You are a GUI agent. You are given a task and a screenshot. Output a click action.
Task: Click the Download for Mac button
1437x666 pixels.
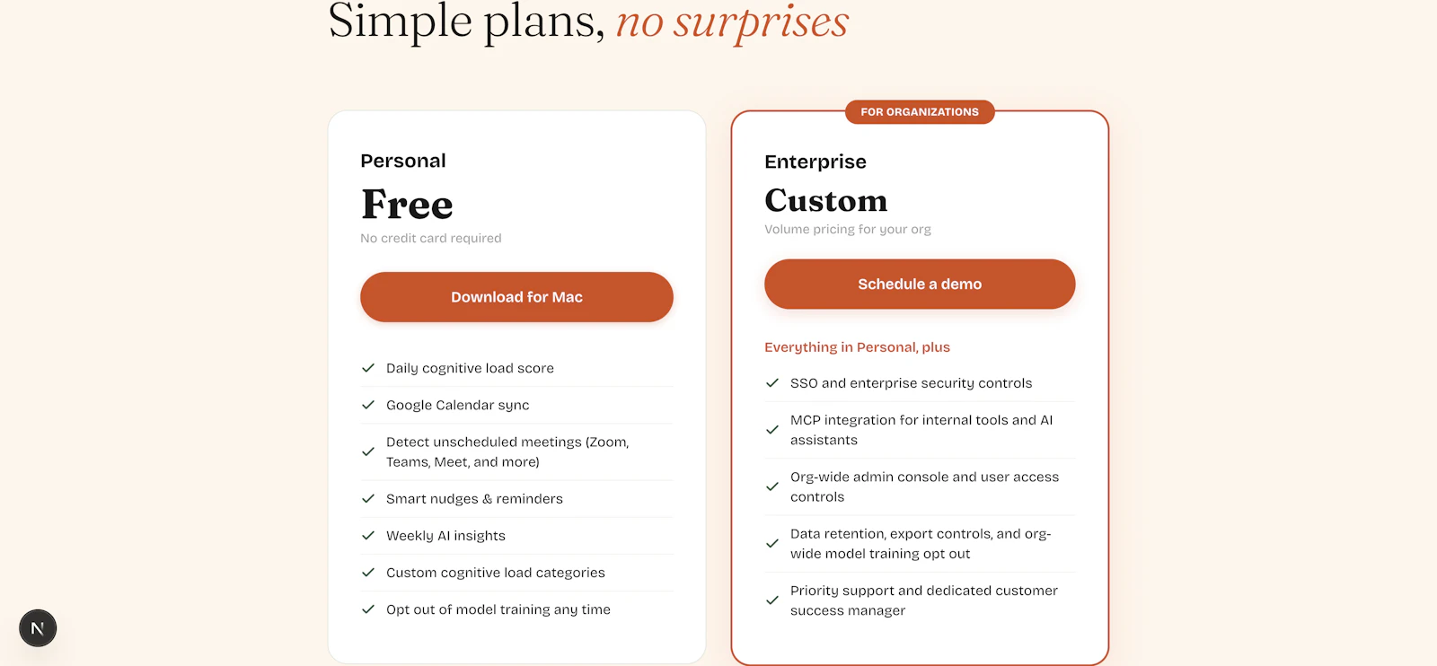[516, 297]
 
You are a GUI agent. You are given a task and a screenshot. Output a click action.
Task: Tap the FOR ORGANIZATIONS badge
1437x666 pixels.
[920, 112]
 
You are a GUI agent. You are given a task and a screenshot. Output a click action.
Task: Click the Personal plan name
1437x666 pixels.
[403, 161]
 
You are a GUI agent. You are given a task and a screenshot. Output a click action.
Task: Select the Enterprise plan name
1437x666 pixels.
[815, 162]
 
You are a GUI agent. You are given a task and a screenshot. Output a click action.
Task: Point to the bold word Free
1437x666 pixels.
[407, 205]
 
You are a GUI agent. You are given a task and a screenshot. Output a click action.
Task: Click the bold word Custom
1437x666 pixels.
[825, 200]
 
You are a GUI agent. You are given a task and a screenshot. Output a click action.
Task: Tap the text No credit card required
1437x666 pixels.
[431, 238]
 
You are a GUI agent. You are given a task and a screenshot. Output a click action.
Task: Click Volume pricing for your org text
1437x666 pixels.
[848, 229]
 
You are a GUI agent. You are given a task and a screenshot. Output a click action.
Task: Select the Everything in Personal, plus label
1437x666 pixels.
[857, 347]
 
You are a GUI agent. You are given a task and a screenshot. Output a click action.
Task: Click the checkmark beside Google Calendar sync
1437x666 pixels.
[368, 405]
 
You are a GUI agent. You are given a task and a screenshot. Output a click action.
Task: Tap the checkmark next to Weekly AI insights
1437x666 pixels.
[368, 536]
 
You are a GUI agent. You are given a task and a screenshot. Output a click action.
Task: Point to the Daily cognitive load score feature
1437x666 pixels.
[470, 368]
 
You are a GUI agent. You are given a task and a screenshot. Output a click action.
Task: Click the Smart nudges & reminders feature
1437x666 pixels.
[474, 499]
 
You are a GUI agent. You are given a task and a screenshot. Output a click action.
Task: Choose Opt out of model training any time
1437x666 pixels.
[498, 609]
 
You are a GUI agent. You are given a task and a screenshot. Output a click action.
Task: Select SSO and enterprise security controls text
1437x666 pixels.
[911, 383]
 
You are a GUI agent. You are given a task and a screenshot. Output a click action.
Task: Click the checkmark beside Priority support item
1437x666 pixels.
[772, 600]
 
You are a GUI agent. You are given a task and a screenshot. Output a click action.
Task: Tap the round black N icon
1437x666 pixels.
[38, 628]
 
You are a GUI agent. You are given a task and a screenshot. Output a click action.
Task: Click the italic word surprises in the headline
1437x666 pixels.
[761, 22]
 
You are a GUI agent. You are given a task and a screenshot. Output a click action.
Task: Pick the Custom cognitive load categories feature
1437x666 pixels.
[496, 573]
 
